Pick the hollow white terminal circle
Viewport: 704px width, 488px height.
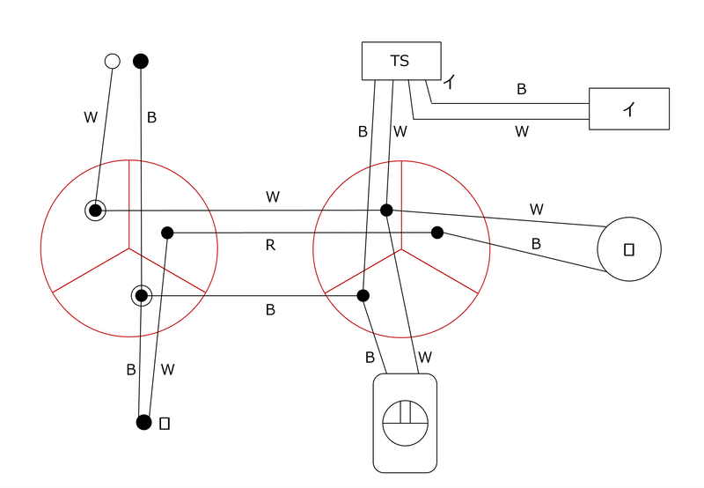113,61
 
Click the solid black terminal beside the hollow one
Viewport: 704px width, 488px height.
141,61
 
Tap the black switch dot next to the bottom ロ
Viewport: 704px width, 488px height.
143,423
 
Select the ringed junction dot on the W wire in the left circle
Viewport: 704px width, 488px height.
95,211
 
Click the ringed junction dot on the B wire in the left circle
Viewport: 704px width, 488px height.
142,296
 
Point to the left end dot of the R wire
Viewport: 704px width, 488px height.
167,233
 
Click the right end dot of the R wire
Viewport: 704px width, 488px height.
437,233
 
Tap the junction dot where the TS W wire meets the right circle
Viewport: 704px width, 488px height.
386,210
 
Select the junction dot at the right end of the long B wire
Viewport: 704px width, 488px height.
363,296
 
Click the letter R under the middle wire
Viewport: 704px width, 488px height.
270,245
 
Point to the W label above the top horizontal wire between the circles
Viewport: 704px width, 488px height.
273,196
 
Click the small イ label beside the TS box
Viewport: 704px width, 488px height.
450,81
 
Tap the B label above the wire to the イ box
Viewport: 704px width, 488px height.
521,89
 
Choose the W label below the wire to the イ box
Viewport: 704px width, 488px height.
522,131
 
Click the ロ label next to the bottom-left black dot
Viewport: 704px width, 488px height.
165,424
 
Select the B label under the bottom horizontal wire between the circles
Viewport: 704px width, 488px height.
270,309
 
